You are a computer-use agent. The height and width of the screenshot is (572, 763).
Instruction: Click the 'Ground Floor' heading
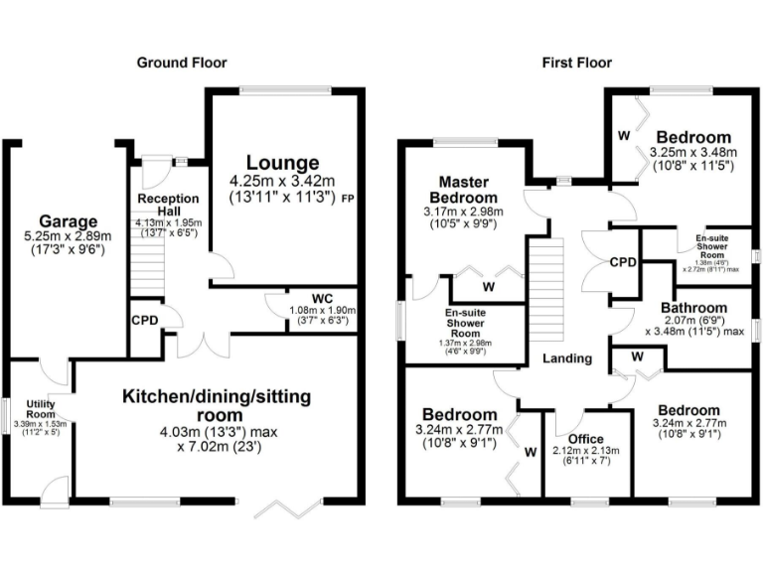click(182, 63)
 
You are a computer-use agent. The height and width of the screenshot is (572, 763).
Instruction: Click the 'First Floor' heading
click(576, 63)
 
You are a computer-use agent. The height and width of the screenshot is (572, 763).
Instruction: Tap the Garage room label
click(68, 220)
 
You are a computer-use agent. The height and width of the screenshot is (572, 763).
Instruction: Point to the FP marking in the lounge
click(348, 200)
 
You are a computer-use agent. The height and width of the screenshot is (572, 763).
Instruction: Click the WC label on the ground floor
click(320, 298)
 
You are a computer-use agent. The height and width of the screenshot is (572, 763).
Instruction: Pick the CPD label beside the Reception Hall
click(143, 322)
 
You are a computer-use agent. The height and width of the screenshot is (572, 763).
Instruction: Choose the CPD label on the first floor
click(623, 263)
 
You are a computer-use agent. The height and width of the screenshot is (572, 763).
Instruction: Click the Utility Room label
click(18, 409)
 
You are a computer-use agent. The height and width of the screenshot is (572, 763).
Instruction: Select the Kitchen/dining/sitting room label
click(217, 405)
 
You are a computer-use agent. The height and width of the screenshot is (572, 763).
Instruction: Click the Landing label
click(567, 358)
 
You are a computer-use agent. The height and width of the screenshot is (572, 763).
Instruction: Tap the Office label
click(585, 438)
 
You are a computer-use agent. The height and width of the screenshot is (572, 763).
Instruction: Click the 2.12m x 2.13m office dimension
click(585, 451)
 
